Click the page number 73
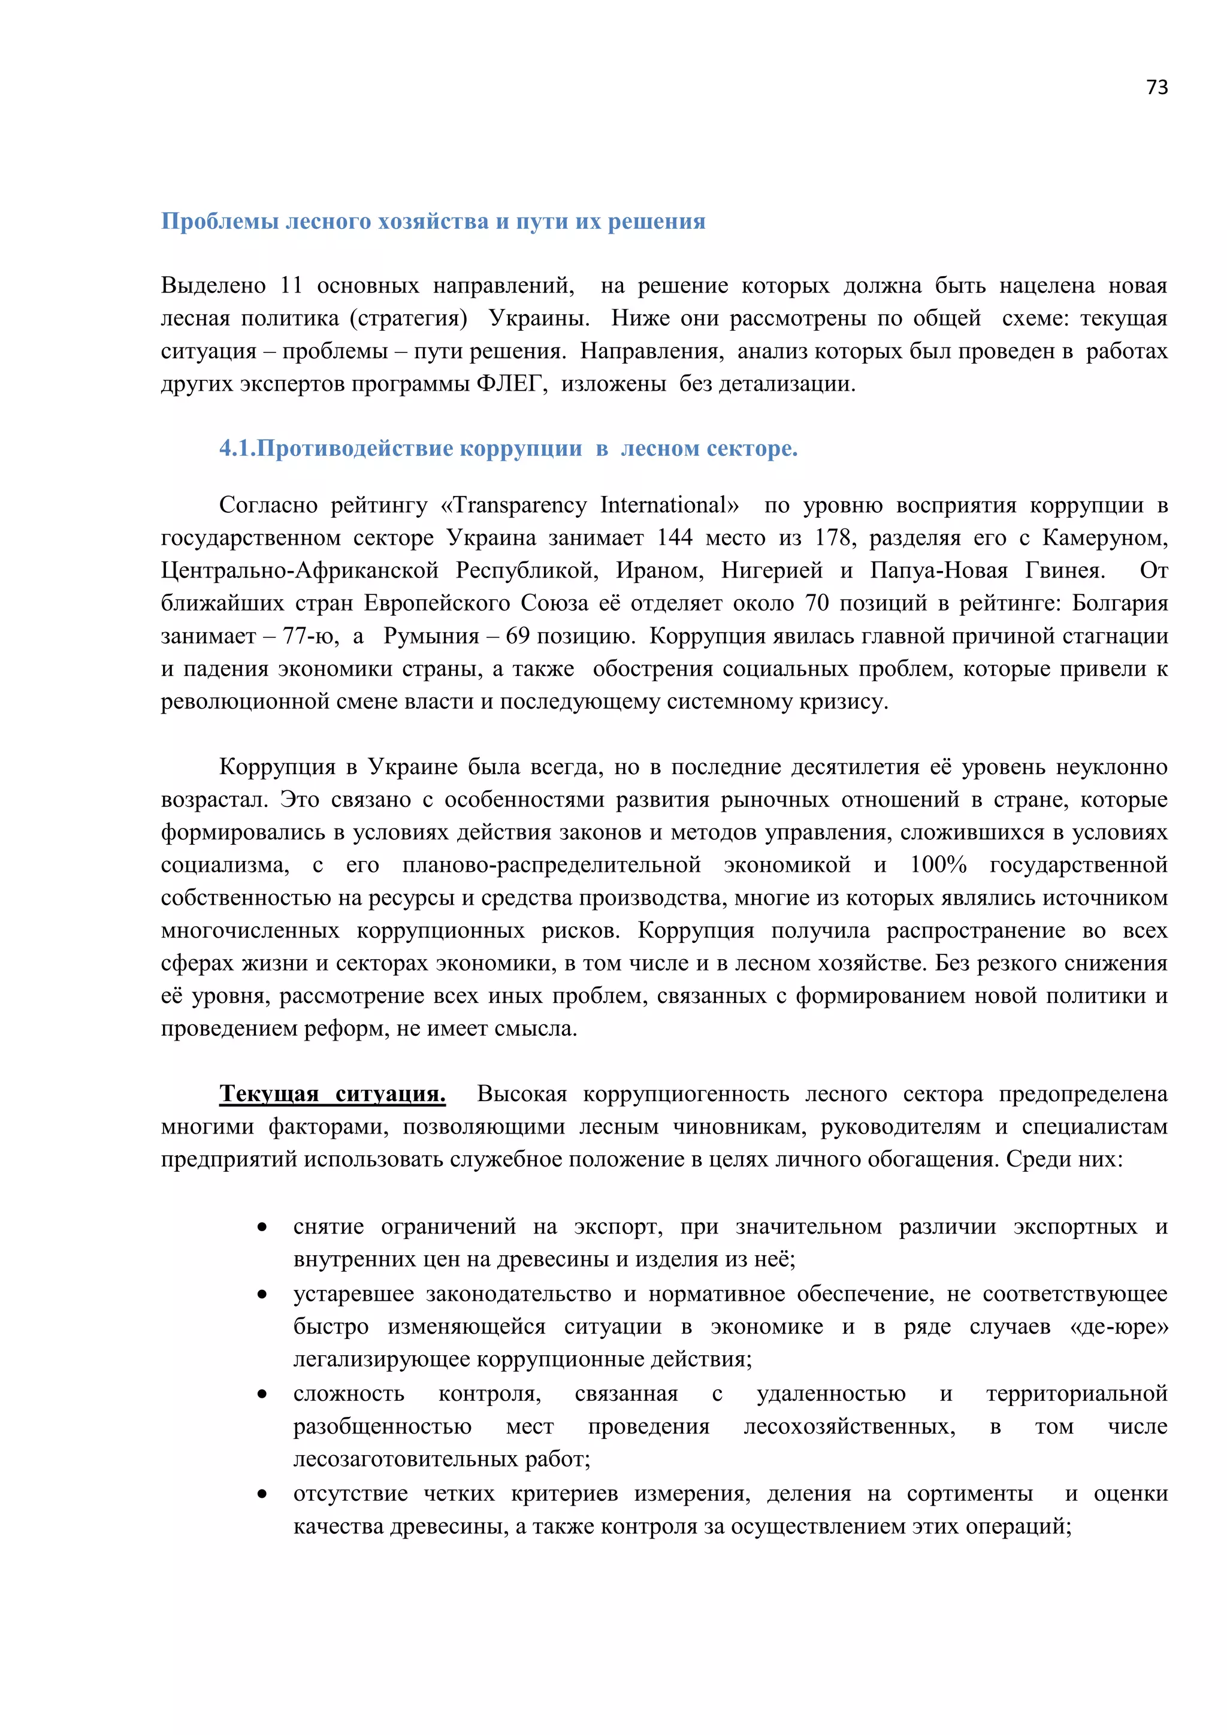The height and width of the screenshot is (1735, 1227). tap(1157, 87)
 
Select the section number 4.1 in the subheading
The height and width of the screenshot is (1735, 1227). tap(234, 448)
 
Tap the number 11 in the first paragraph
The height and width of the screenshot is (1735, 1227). tap(291, 286)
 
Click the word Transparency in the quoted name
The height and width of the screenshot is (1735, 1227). tap(520, 505)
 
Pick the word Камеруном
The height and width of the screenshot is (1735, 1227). tap(1105, 537)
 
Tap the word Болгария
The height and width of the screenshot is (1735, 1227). tap(1120, 603)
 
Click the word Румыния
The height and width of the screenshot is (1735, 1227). tap(431, 636)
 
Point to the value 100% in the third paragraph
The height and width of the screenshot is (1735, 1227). tap(938, 865)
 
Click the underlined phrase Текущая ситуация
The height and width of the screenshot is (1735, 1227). tap(333, 1093)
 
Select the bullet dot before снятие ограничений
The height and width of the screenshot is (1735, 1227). tap(262, 1227)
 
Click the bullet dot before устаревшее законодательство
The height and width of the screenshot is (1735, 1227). tap(262, 1295)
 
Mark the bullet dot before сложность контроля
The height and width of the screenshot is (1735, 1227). tap(262, 1394)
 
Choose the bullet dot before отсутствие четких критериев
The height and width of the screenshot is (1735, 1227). tap(262, 1494)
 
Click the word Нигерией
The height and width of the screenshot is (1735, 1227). tap(772, 570)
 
